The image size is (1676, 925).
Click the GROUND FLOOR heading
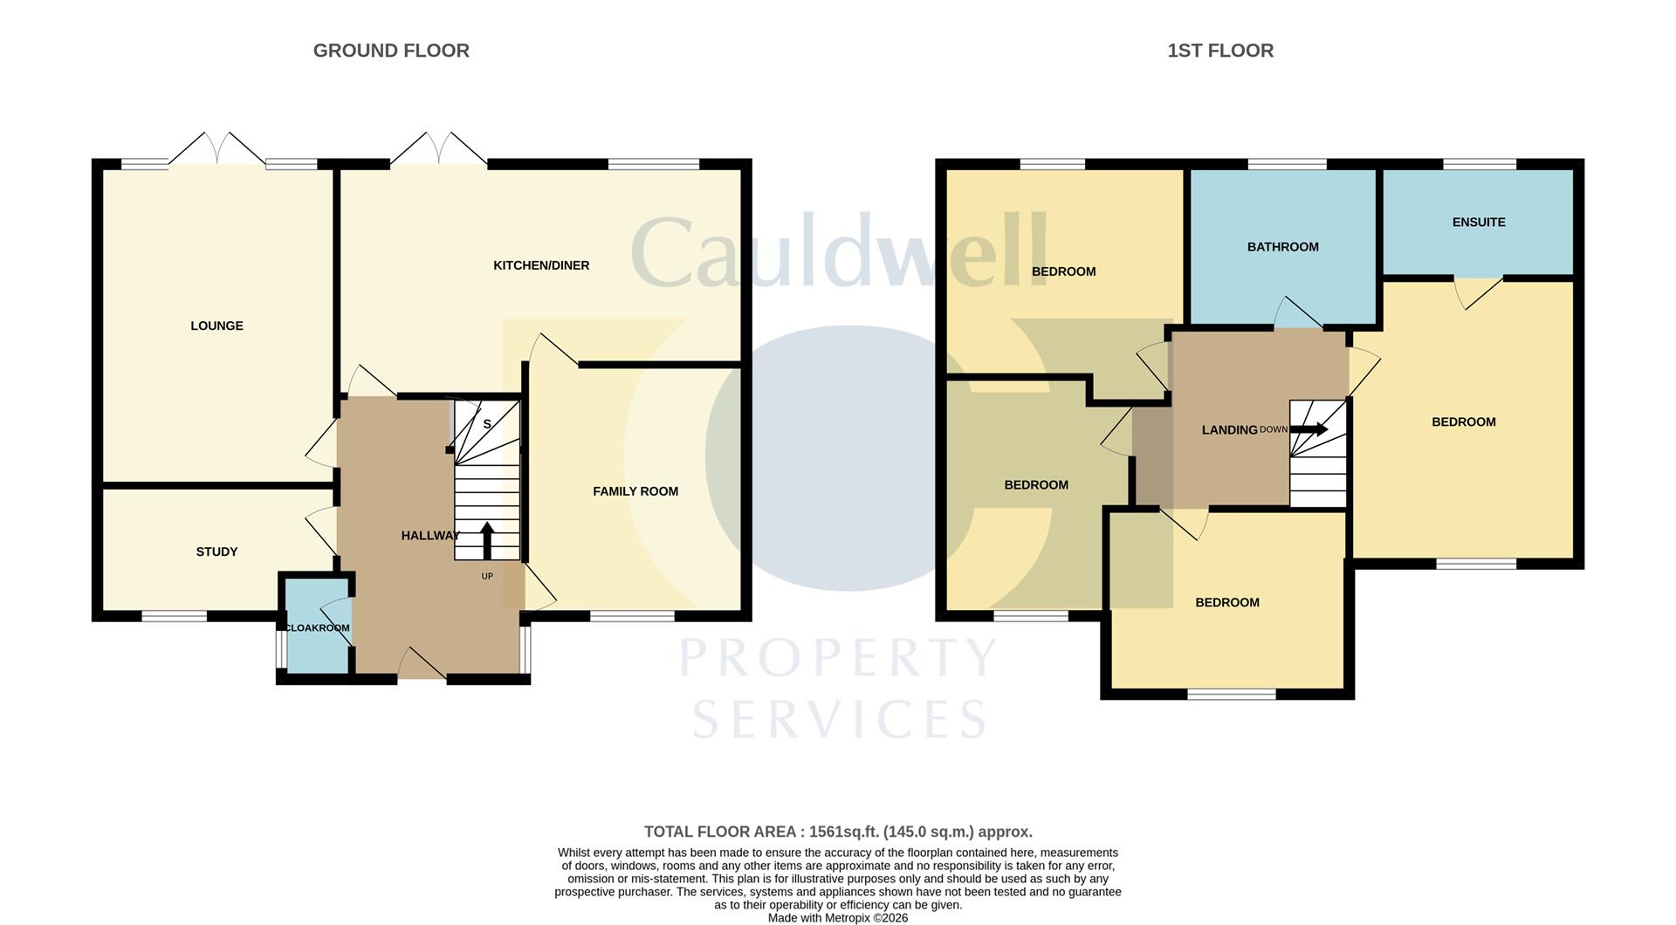click(391, 51)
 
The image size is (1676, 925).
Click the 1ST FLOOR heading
click(1220, 51)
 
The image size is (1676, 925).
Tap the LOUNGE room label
click(216, 325)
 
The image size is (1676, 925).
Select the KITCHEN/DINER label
click(541, 265)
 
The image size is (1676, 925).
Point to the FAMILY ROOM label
click(635, 491)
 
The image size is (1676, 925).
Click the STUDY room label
click(216, 552)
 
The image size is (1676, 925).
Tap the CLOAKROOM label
click(318, 627)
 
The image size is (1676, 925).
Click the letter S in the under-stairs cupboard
click(487, 424)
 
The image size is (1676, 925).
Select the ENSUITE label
click(1479, 222)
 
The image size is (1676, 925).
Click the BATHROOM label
click(1282, 247)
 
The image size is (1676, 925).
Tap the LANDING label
click(1229, 429)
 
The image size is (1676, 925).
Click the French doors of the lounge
click(216, 150)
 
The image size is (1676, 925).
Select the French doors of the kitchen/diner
click(438, 150)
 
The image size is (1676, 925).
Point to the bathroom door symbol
click(1298, 314)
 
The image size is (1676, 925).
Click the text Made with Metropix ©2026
click(838, 918)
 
